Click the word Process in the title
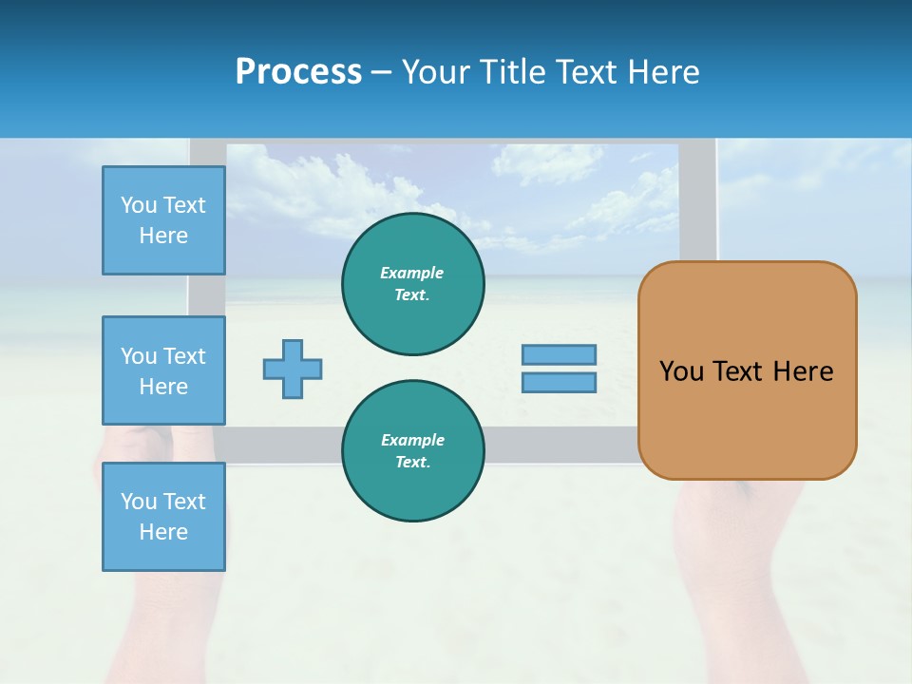[298, 72]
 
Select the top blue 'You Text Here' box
[163, 220]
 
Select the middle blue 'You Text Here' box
[163, 370]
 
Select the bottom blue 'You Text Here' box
[163, 517]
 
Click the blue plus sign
[293, 369]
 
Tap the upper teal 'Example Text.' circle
[413, 284]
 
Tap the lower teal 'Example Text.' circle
[413, 451]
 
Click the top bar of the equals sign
[559, 354]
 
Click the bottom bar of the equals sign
[559, 383]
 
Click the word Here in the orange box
[803, 371]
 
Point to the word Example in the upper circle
[412, 273]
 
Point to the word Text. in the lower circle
[412, 463]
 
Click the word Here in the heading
[666, 72]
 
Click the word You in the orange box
[681, 371]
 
